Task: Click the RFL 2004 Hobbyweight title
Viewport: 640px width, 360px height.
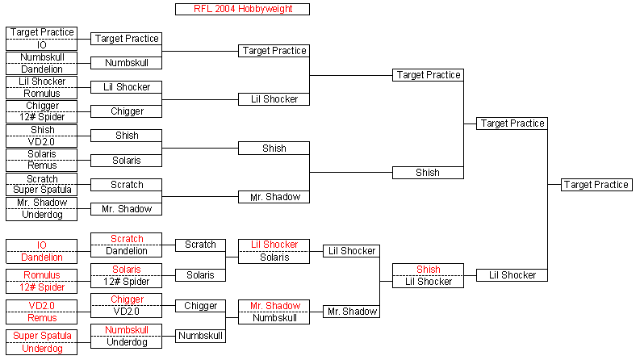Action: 243,9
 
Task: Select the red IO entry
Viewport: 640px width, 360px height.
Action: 42,245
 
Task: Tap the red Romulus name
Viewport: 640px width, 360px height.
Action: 42,275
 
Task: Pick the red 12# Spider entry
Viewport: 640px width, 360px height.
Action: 42,287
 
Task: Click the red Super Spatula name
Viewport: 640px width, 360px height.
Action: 42,336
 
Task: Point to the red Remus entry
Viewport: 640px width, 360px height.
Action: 42,318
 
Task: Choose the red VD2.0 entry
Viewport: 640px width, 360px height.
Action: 42,306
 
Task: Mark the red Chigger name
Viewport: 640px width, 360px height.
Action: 127,299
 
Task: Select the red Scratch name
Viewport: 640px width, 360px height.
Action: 127,239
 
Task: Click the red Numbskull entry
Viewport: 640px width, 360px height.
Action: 127,330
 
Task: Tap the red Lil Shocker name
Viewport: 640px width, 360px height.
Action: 274,245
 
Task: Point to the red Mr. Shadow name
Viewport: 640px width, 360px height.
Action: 275,306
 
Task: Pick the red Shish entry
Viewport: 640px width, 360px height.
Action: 429,270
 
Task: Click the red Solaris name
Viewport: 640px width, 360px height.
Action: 127,270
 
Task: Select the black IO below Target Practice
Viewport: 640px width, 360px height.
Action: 42,45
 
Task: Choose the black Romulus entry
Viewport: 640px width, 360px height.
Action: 42,94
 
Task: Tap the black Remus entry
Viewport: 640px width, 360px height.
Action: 42,165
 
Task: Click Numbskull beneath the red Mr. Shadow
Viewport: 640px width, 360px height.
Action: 274,318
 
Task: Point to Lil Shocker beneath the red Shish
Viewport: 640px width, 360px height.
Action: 429,282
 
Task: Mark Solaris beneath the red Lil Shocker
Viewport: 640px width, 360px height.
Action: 274,257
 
